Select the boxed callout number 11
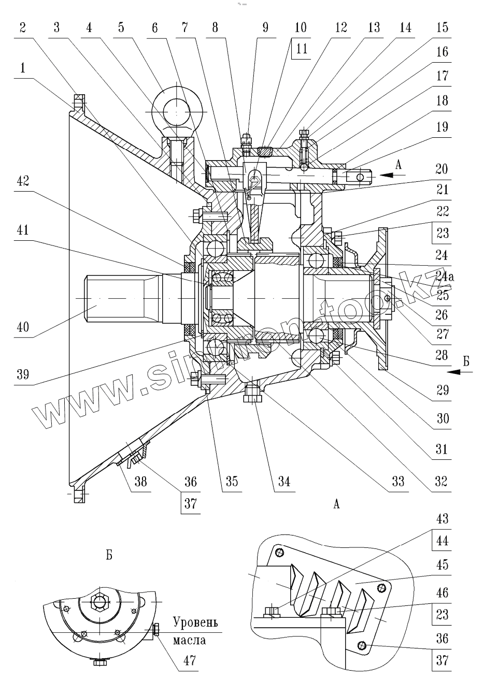[x=302, y=49]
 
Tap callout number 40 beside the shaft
[x=21, y=327]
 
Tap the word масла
[x=189, y=640]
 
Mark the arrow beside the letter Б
[x=454, y=371]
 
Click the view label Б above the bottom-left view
[x=109, y=556]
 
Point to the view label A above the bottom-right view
[x=337, y=503]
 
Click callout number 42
[x=21, y=182]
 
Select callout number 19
[x=442, y=126]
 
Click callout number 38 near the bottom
[x=140, y=481]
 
